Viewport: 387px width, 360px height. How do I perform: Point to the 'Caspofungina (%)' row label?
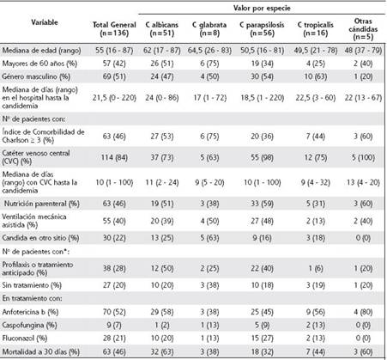36,326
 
